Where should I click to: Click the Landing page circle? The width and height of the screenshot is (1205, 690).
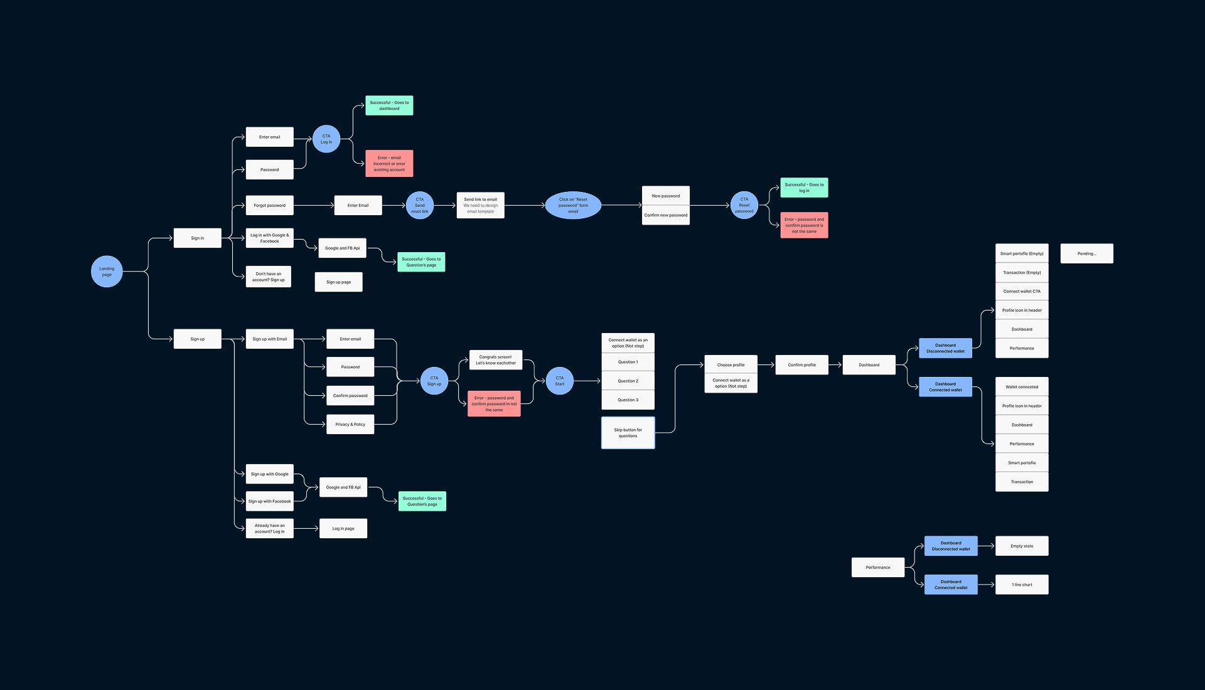pos(107,272)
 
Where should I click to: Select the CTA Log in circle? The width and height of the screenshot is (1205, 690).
pos(326,139)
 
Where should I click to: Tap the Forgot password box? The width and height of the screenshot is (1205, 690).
pos(269,206)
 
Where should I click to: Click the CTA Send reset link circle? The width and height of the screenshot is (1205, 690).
pos(420,206)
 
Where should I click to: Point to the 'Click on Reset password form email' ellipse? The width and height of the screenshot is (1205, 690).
pos(573,206)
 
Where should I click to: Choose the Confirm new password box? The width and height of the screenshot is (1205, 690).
pos(665,215)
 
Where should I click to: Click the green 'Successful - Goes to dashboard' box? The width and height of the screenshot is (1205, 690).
pos(389,105)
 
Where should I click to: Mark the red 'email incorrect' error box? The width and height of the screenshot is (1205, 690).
pos(389,164)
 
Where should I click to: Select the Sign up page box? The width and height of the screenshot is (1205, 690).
pos(338,282)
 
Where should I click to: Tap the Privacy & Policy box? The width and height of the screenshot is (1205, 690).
pos(350,425)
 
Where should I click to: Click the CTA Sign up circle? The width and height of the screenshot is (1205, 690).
pos(434,381)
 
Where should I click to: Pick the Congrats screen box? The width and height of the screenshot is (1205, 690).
pos(496,360)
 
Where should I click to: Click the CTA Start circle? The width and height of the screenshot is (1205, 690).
pos(559,381)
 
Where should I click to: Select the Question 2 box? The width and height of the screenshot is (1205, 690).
pos(628,381)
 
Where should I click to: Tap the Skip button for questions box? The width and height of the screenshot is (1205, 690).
pos(628,433)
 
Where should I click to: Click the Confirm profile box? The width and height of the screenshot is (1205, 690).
pos(801,365)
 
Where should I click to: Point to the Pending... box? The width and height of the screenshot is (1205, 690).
pos(1086,254)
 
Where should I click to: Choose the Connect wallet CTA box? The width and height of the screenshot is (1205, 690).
pos(1022,292)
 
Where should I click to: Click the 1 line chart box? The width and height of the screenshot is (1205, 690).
pos(1022,585)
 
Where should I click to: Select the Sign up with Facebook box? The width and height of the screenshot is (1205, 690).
pos(269,501)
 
